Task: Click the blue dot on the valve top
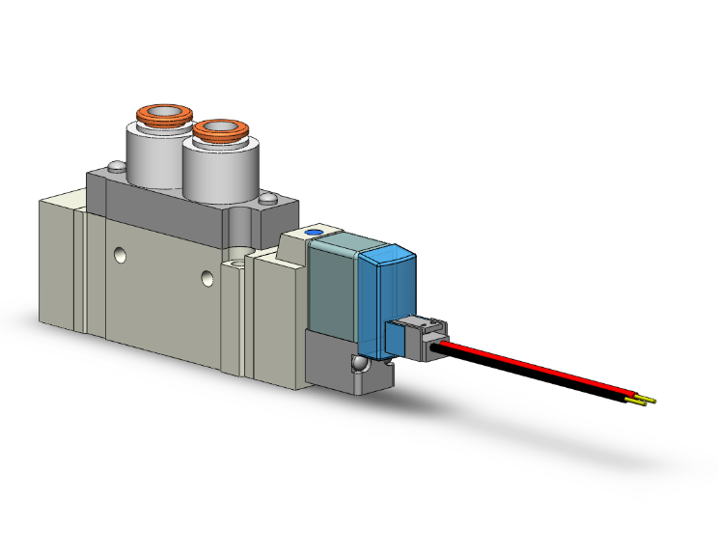(313, 233)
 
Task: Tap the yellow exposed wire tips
(644, 399)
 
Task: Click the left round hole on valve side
(119, 256)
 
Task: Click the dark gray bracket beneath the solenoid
(333, 362)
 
